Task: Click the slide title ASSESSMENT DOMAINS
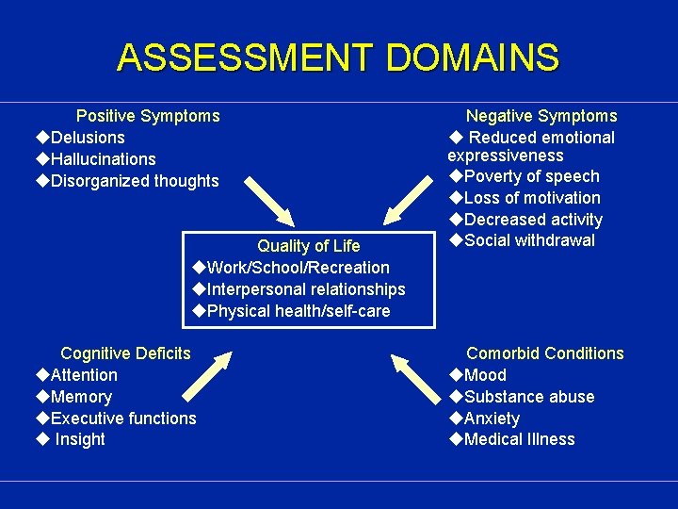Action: (338, 58)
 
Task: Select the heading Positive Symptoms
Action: (148, 116)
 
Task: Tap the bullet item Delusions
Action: (88, 138)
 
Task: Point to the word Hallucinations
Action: (103, 159)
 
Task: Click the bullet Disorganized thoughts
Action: (135, 181)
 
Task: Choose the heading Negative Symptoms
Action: (541, 116)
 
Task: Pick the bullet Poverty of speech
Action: (531, 176)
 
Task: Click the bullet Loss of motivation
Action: (532, 198)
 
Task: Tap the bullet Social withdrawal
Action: (529, 240)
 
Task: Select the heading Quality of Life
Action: (309, 246)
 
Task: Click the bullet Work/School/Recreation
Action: (298, 268)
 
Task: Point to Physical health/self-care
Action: (298, 311)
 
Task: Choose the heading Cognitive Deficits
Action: (125, 353)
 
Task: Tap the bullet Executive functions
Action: (123, 419)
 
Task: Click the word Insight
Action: (80, 439)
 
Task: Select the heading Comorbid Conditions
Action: (545, 353)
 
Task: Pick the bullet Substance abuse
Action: (529, 397)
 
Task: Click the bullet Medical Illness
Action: (519, 439)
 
